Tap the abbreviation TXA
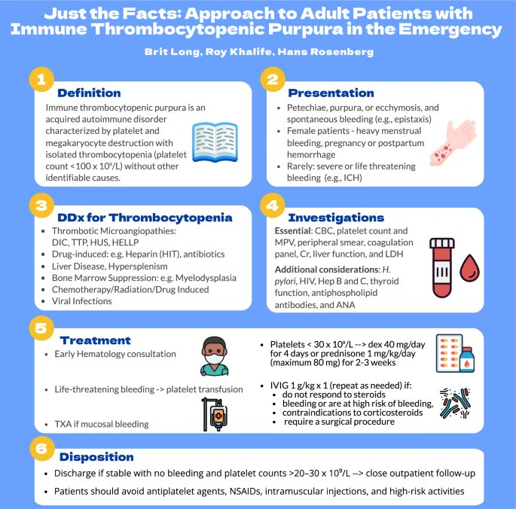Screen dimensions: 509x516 pyautogui.click(x=64, y=424)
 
